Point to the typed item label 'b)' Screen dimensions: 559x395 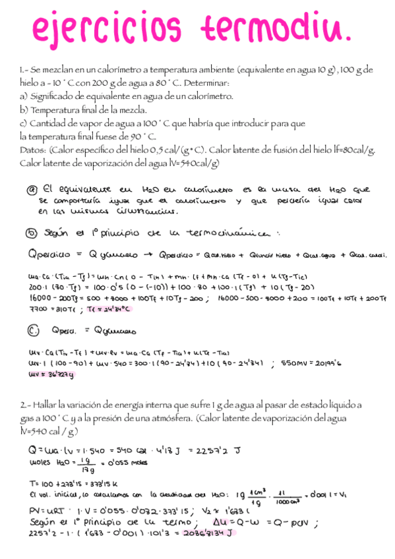coord(24,110)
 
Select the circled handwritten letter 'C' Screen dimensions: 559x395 coord(32,330)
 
